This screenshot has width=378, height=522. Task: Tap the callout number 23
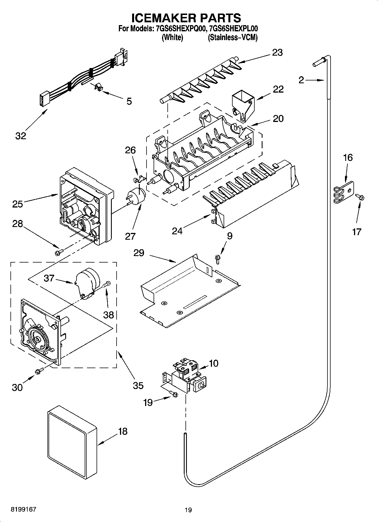pos(277,53)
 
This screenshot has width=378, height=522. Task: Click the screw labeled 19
pos(173,393)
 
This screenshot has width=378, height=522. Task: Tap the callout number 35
pos(138,385)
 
